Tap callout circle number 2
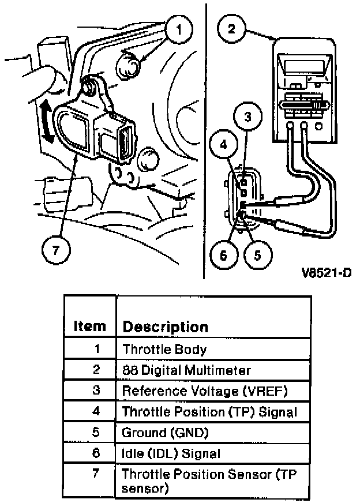point(232,28)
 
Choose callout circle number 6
point(220,255)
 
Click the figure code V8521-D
point(325,272)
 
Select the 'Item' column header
point(90,326)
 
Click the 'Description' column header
point(165,327)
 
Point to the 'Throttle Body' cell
point(164,349)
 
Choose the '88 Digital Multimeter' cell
point(186,370)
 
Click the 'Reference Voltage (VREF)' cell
point(204,391)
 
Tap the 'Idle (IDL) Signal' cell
point(171,453)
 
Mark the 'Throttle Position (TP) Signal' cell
point(209,412)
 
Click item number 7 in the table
point(96,474)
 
